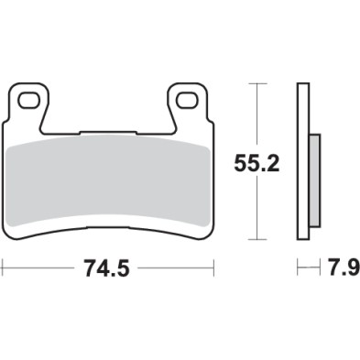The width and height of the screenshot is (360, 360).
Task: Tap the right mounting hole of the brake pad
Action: pyautogui.click(x=188, y=97)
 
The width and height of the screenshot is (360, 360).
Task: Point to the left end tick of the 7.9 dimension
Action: pyautogui.click(x=298, y=268)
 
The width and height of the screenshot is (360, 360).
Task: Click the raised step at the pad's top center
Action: pyautogui.click(x=107, y=130)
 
